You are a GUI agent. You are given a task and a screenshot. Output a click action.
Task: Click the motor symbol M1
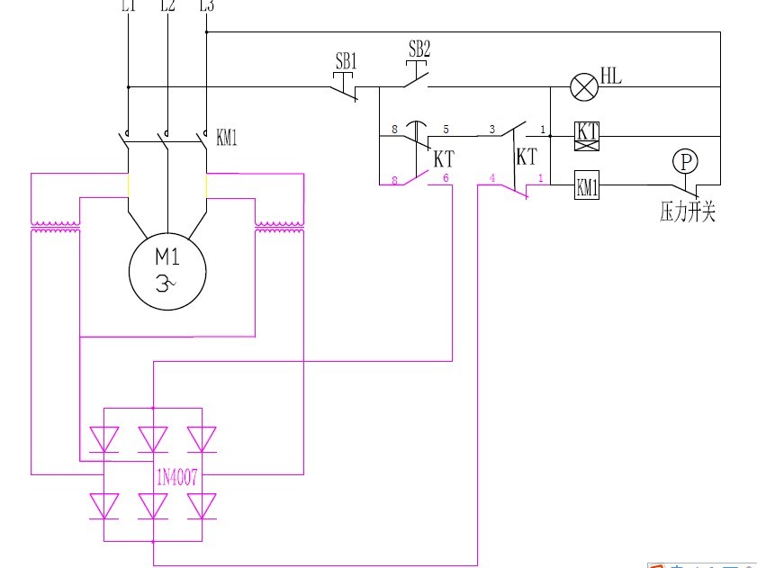click(168, 270)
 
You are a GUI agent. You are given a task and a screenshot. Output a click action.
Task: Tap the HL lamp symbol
click(584, 87)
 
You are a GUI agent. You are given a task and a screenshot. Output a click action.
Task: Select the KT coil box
click(587, 136)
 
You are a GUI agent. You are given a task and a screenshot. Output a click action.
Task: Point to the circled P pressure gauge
click(686, 162)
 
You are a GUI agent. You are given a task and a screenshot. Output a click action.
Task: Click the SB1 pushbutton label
click(347, 62)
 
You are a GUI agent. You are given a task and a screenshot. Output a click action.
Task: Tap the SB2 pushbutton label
click(419, 49)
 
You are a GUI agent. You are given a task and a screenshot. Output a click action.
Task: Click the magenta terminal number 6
click(446, 178)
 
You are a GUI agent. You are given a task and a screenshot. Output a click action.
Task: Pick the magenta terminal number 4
click(491, 178)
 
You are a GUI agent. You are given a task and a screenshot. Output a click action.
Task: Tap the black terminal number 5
click(446, 130)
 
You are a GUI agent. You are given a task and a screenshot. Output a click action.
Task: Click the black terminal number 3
click(491, 130)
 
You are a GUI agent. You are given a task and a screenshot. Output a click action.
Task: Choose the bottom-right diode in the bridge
click(201, 505)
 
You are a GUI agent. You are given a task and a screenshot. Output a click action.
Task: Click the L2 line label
click(167, 6)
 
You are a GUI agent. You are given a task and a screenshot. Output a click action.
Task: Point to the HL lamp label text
click(611, 77)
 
